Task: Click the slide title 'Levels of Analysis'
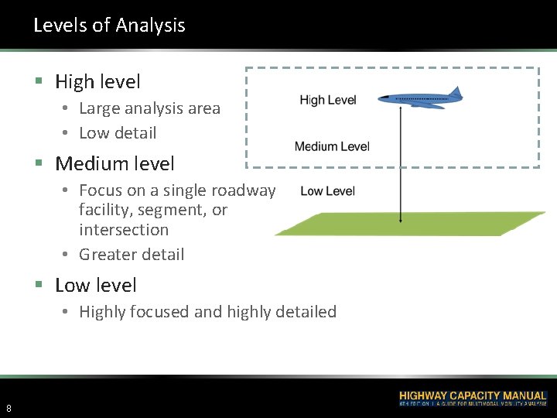coord(109,26)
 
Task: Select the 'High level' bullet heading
coord(97,81)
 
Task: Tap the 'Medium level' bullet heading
coord(114,163)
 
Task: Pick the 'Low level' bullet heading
coord(95,285)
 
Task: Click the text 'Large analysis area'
coord(149,108)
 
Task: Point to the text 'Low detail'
coord(118,133)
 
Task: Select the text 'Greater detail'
coord(132,254)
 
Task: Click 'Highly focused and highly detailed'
coord(207,312)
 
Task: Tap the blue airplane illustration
coord(419,99)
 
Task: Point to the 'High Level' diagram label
coord(328,100)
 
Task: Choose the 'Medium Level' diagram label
coord(332,146)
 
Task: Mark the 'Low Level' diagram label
coord(327,191)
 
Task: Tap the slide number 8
coord(9,408)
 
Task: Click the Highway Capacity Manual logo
coord(472,399)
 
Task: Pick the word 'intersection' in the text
coord(124,230)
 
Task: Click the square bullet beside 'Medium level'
coord(38,164)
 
